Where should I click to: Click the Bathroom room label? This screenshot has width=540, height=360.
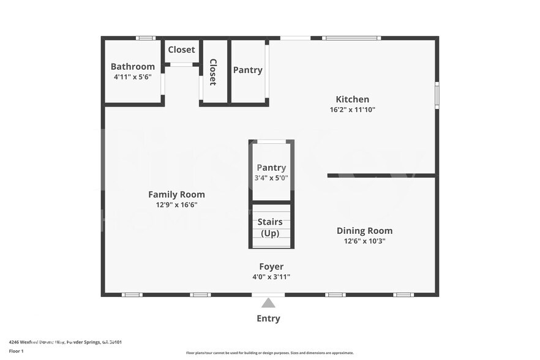point(132,67)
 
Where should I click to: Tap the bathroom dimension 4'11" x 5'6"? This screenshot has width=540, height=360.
point(132,77)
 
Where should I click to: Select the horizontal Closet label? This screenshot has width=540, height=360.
point(181,50)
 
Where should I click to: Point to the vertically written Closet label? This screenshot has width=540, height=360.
point(213,72)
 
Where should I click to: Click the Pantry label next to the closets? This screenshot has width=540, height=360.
point(247,70)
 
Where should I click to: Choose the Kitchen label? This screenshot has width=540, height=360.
point(352,99)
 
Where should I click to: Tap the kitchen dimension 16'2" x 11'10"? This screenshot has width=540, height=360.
point(352,110)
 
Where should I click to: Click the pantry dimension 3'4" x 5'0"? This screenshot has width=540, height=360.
point(271,178)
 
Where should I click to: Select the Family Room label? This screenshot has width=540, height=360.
point(176,195)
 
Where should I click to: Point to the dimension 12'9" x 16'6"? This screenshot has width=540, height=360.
point(176,205)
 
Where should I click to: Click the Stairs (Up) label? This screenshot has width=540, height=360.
point(270,227)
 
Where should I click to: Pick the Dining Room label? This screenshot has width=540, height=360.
point(364,231)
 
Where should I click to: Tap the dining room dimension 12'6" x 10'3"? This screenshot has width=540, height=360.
point(364,241)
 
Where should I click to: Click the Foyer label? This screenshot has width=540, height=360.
point(271,266)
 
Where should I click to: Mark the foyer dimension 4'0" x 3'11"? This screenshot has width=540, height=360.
point(271,277)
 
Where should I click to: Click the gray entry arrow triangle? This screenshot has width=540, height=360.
point(268,302)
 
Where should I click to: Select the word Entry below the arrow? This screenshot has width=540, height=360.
point(268,318)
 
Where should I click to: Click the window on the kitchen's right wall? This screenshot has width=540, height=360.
point(437,95)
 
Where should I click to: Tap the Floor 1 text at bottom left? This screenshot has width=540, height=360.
point(16,351)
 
